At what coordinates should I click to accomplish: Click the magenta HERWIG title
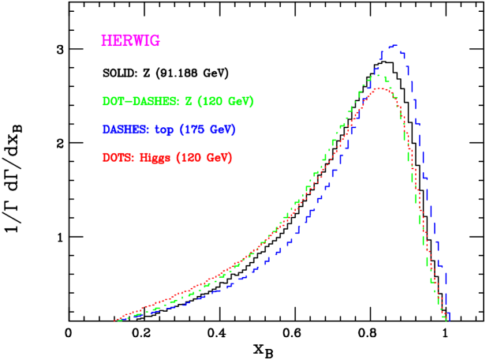[x=130, y=41]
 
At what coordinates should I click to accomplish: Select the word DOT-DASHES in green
[x=141, y=102]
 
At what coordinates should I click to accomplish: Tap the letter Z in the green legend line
[x=189, y=102]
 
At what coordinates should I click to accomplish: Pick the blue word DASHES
[x=126, y=129]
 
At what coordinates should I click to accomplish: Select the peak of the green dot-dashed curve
[x=377, y=75]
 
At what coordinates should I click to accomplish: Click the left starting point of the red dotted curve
[x=116, y=321]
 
